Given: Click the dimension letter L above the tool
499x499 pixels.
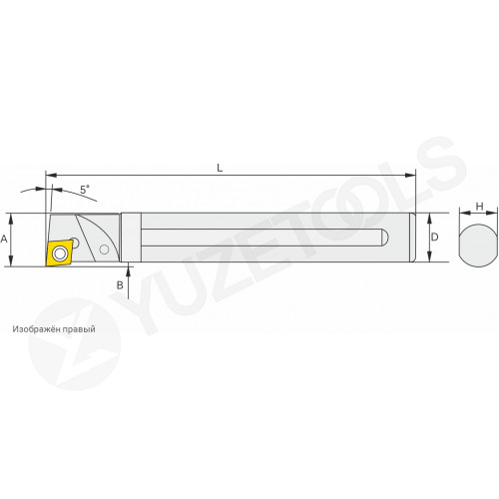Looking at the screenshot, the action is pos(220,168).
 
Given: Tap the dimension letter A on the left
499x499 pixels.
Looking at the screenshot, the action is pos(4,239).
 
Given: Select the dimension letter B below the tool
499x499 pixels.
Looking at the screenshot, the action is pos(120,285).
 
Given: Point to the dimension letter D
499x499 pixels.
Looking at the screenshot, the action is pos(434,238).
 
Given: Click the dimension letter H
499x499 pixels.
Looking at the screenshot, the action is pos(479,207).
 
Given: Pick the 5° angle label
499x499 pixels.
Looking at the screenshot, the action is pos(85,190).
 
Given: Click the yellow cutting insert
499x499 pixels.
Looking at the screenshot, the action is pos(60,253).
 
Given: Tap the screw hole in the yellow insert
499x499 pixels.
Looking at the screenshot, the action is pos(60,253).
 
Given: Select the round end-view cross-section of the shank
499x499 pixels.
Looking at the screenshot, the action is pos(478,244).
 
